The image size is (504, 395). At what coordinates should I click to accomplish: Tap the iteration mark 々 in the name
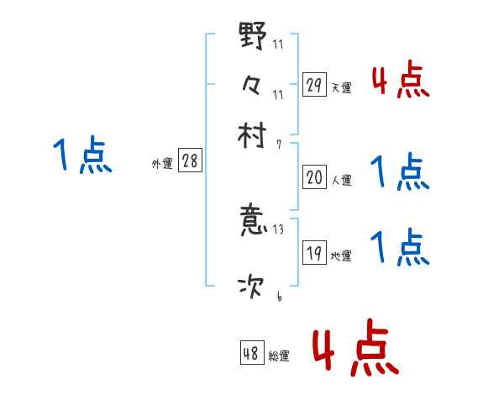tap(252, 85)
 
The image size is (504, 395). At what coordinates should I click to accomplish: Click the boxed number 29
tap(314, 85)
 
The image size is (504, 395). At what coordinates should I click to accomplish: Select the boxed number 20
tap(314, 177)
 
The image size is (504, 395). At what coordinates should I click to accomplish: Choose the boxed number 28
tap(190, 161)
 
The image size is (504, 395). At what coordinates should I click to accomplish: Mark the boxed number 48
tap(251, 354)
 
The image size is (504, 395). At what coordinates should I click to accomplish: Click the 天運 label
tap(342, 87)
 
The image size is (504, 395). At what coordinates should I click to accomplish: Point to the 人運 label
tap(342, 180)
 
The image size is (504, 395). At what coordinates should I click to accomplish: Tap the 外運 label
tap(162, 164)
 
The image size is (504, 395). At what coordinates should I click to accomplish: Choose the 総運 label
tap(279, 356)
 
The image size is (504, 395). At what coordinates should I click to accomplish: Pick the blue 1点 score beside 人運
tap(400, 172)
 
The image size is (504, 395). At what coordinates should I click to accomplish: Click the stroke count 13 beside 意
tap(279, 229)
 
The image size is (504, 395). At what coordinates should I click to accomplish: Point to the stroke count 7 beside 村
tap(279, 144)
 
